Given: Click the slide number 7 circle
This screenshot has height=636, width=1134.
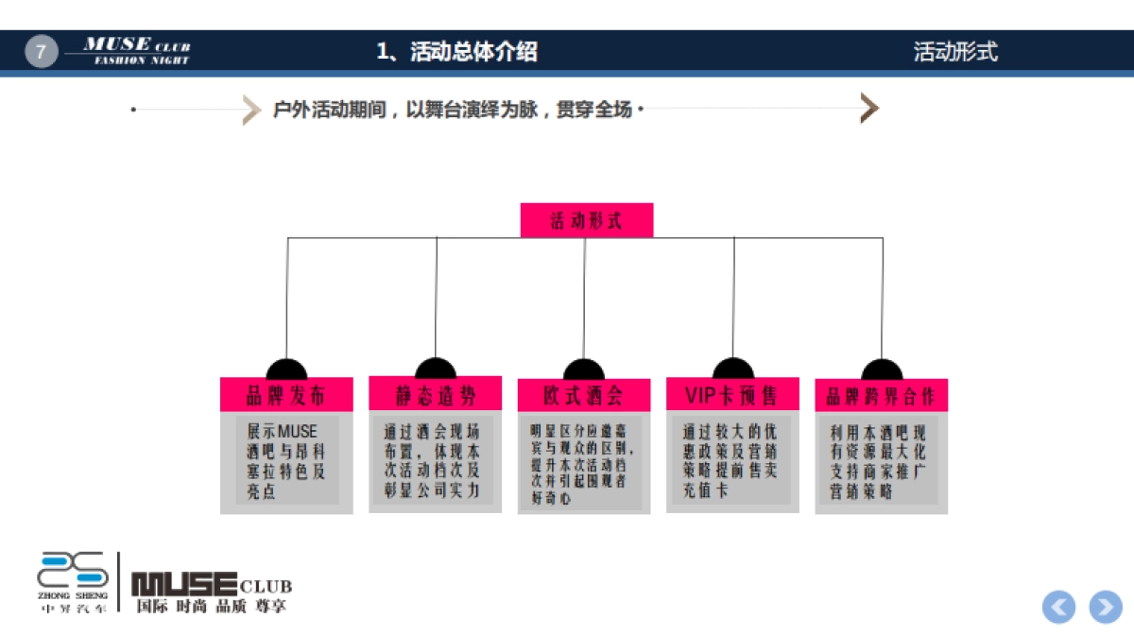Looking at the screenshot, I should (41, 51).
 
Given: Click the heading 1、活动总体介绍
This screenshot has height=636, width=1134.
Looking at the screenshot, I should (456, 52).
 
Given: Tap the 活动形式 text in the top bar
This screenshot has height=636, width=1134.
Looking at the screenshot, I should (954, 52).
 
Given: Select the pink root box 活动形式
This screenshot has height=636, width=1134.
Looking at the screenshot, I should (586, 221).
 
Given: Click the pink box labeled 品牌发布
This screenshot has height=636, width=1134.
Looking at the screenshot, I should (285, 395).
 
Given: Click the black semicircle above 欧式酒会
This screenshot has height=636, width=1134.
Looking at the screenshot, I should (583, 370).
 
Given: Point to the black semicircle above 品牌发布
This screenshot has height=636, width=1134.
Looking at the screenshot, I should (286, 370).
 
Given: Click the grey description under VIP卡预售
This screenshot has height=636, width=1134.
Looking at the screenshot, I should (731, 461).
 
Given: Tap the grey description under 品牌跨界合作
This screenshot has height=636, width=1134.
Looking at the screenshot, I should (881, 461).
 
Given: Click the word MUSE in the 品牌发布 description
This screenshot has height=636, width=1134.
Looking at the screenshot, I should (298, 431).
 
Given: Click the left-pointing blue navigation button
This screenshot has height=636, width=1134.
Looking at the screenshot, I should (1059, 607).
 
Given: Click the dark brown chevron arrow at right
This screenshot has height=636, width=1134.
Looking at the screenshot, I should (869, 109).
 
